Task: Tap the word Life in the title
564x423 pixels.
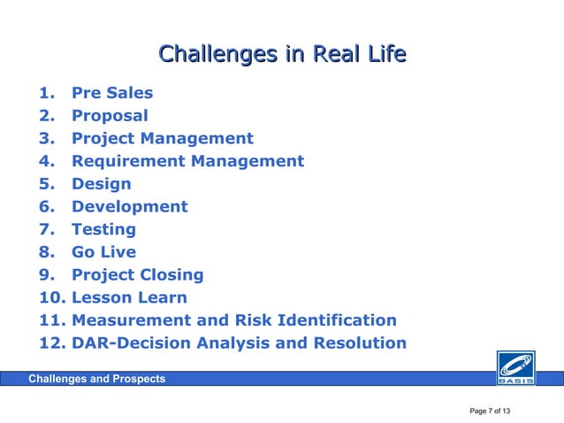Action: tap(385, 55)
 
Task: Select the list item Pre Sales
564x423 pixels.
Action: tap(111, 93)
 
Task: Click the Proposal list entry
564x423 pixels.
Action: tap(110, 116)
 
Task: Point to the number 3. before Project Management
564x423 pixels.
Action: tap(47, 139)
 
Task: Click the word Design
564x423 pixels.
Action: tap(101, 184)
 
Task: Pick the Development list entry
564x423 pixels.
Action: tap(129, 207)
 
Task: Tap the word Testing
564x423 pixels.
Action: tap(103, 230)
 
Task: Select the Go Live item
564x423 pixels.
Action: tap(103, 252)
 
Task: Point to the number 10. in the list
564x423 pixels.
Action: tap(51, 298)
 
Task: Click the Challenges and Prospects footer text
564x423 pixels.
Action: tap(96, 379)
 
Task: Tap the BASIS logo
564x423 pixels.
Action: tap(514, 366)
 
